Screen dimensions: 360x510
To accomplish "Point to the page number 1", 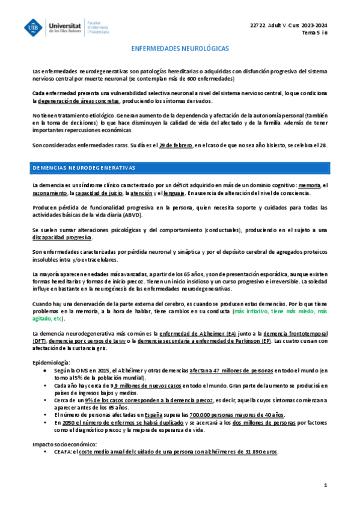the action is tap(325, 485).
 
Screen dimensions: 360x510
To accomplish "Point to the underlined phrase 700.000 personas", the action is tap(209, 414).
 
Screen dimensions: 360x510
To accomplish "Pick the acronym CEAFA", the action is tap(63, 452).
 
